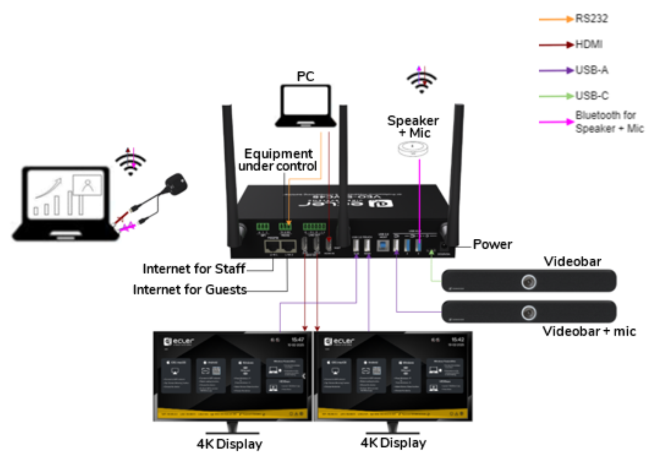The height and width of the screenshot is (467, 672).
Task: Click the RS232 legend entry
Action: point(591,19)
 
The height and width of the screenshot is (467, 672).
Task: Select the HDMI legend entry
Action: point(589,44)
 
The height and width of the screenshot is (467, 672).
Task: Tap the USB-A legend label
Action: point(592,70)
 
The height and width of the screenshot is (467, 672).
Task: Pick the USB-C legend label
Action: point(592,96)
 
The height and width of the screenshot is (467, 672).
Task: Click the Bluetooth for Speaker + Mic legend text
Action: point(609,122)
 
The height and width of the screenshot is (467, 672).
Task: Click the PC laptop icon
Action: point(306,106)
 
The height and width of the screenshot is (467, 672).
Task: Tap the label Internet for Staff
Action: point(194,269)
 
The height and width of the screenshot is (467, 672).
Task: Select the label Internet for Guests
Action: point(189,290)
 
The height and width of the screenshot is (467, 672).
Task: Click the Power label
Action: point(492,244)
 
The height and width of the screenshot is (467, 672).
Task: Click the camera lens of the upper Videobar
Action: point(529,282)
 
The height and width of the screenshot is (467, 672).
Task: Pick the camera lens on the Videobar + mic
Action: point(529,313)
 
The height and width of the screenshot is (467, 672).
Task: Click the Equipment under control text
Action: point(278,160)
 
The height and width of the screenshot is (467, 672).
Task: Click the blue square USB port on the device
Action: point(383,245)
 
